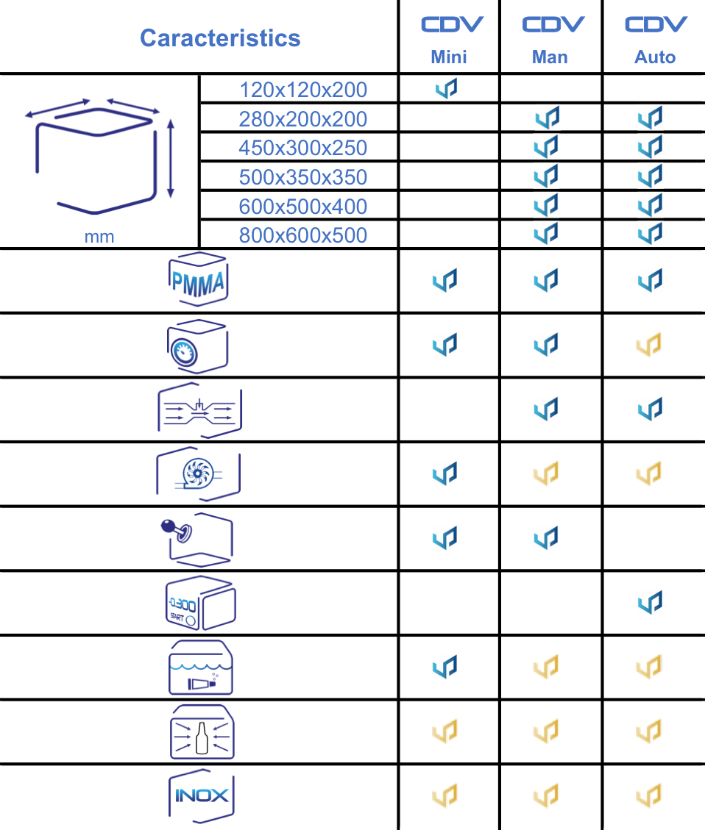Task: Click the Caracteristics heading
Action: click(220, 38)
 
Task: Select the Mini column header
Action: click(449, 57)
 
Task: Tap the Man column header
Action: click(550, 57)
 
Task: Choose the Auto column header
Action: click(655, 57)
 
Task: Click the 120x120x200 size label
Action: click(303, 90)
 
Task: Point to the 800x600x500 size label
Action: click(303, 236)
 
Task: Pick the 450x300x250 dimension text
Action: click(303, 149)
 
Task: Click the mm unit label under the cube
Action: click(99, 237)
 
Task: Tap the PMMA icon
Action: click(197, 280)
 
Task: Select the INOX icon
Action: click(202, 795)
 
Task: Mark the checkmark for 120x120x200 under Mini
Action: click(446, 89)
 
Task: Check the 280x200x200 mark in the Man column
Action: click(548, 118)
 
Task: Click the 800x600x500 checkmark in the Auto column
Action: click(651, 233)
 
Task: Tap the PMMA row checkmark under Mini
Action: click(445, 280)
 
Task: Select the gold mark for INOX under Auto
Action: click(649, 795)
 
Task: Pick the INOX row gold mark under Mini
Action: click(445, 795)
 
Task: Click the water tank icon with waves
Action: click(201, 668)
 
